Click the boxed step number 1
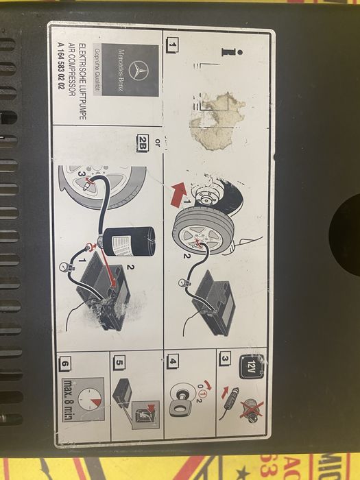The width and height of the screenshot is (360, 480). (171, 45)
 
